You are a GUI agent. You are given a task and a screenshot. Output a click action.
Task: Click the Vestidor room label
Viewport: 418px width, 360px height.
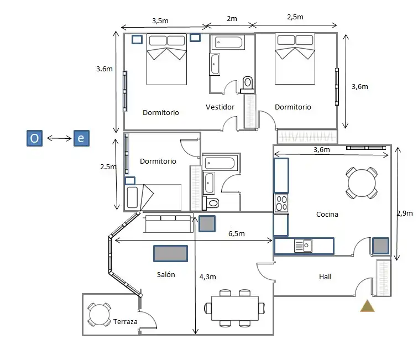click(x=220, y=107)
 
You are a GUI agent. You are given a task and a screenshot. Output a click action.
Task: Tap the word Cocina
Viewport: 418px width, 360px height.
click(x=327, y=214)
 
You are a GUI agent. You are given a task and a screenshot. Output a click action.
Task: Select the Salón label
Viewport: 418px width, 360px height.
click(x=166, y=274)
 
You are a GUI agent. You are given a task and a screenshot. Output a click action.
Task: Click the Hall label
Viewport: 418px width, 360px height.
click(x=325, y=277)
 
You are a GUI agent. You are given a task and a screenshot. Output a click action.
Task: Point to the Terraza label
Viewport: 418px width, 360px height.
click(x=125, y=322)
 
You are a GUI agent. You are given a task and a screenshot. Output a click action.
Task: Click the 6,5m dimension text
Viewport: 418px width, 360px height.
click(x=237, y=233)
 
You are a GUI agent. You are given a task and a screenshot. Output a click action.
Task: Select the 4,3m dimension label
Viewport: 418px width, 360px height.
click(x=208, y=277)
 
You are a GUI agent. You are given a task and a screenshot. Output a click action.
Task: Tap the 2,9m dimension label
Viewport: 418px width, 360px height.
click(x=405, y=213)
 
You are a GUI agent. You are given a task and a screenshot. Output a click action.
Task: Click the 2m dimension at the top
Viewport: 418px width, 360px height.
click(x=232, y=19)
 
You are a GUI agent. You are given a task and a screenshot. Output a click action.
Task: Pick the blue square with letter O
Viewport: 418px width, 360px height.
click(x=34, y=138)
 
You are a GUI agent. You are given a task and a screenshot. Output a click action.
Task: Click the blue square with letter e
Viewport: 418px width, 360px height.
click(x=81, y=138)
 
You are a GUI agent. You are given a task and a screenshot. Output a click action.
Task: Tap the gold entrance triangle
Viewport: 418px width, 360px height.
click(x=367, y=307)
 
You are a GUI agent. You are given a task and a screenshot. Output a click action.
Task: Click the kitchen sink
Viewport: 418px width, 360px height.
click(x=303, y=246)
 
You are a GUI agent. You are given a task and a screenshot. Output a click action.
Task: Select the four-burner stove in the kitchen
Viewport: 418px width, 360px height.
click(x=281, y=203)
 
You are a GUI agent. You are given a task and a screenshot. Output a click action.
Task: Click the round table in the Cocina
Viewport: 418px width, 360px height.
click(x=362, y=183)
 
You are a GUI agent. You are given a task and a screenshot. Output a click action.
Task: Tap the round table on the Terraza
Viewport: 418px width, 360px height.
click(x=99, y=315)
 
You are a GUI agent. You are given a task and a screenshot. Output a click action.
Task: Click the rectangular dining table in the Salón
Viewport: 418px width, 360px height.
click(x=235, y=308)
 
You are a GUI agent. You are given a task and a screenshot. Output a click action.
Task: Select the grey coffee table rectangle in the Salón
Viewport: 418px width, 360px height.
click(x=171, y=253)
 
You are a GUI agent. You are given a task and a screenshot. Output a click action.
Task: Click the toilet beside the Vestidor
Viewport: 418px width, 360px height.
click(x=248, y=84)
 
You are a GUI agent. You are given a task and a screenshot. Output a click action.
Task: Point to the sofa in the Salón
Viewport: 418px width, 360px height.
click(x=168, y=223)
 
